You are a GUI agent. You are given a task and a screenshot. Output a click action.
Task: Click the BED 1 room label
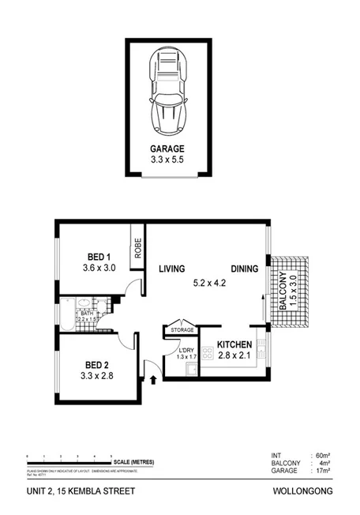click(x=99, y=257)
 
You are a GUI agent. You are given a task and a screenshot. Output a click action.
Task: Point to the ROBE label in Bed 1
click(x=137, y=250)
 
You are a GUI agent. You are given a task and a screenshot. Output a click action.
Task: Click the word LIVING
click(x=171, y=269)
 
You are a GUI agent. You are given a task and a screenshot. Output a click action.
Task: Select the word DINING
click(x=245, y=269)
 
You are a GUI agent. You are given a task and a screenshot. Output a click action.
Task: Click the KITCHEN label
click(x=234, y=345)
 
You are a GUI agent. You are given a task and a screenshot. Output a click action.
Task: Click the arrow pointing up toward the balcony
click(x=262, y=303)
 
